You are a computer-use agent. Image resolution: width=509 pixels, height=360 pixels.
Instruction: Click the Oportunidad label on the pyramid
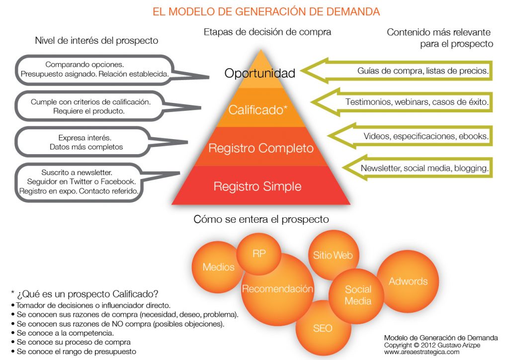point(260,74)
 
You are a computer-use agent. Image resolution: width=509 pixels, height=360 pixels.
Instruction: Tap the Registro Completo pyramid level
point(261,148)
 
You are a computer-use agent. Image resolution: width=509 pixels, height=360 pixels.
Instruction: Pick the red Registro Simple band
point(257,187)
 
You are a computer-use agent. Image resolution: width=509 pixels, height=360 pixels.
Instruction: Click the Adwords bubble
point(408,281)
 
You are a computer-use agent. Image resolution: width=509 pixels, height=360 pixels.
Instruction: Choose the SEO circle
point(323,328)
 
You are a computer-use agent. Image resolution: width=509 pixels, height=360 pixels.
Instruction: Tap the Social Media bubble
point(358,295)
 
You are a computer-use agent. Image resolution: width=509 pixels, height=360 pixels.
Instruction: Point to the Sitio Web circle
point(333,256)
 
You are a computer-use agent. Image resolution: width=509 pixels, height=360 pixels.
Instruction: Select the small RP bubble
point(259,254)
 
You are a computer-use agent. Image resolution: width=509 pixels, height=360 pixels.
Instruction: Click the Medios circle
point(218,268)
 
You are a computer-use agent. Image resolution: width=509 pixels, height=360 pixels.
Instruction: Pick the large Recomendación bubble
point(277,289)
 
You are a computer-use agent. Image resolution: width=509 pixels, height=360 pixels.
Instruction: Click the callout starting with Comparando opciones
point(94,70)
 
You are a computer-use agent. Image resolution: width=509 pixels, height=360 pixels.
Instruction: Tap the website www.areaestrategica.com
point(422,352)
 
